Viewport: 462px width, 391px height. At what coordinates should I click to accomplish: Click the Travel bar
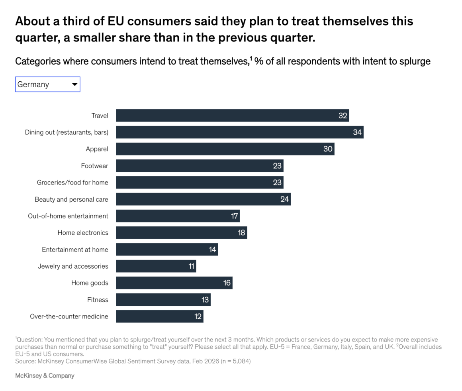click(x=232, y=116)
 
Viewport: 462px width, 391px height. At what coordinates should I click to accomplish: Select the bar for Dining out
click(x=239, y=132)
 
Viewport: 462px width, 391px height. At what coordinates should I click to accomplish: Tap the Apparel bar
click(x=225, y=149)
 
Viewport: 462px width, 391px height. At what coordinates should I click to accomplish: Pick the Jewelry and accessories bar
click(x=156, y=266)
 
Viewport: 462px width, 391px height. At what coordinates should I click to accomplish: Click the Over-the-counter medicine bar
click(x=159, y=316)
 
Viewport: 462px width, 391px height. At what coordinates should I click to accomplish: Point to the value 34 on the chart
click(x=357, y=132)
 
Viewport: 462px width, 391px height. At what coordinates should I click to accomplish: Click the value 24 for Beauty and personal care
click(x=284, y=199)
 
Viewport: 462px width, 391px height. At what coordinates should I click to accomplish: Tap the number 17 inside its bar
click(x=235, y=216)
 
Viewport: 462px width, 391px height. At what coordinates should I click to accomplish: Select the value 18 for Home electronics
click(x=241, y=233)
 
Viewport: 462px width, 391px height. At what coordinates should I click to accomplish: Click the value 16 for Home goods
click(x=227, y=283)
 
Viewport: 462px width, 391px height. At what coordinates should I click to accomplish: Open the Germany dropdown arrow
click(x=74, y=84)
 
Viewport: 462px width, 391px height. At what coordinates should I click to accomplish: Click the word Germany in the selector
click(x=33, y=84)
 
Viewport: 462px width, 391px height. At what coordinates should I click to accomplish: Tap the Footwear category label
click(x=94, y=166)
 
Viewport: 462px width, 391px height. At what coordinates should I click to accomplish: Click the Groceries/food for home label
click(x=72, y=183)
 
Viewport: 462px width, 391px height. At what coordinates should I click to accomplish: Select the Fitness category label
click(x=98, y=300)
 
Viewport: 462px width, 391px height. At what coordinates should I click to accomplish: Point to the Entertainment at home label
click(x=75, y=250)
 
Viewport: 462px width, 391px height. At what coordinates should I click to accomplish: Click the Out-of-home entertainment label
click(x=68, y=216)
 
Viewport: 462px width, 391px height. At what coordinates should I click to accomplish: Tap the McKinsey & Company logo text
click(x=45, y=375)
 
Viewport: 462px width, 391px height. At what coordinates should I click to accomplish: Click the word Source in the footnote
click(x=25, y=361)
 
